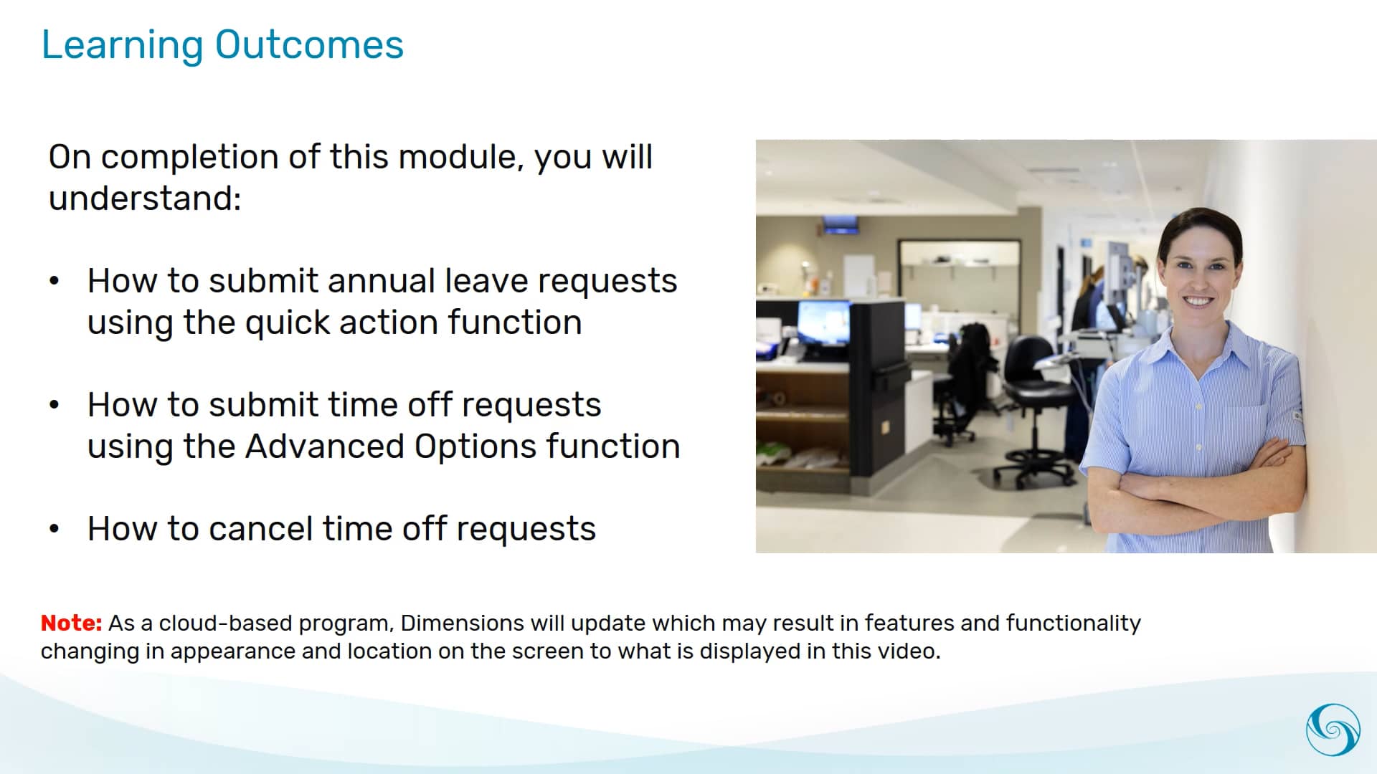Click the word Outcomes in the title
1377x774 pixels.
click(x=309, y=44)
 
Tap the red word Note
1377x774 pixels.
click(x=71, y=623)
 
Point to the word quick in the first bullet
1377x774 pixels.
click(x=287, y=322)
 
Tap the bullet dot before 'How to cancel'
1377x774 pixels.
click(x=55, y=529)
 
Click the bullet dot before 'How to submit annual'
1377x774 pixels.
click(x=55, y=281)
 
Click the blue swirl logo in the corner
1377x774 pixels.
click(x=1333, y=730)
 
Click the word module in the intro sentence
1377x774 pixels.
click(x=460, y=157)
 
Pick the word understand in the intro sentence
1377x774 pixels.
click(x=144, y=199)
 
